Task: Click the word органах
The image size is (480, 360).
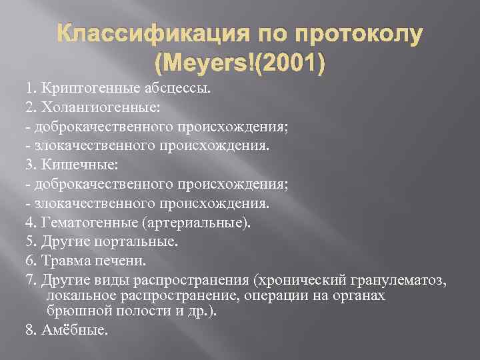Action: click(x=359, y=295)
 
